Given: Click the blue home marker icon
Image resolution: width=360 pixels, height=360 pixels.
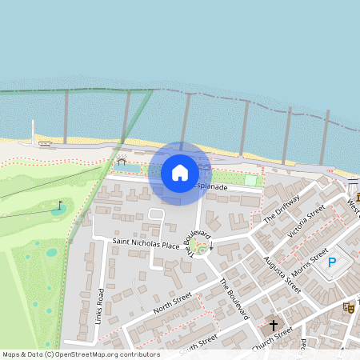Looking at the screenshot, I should click(180, 173).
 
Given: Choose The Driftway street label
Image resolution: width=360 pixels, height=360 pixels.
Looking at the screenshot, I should click(281, 210).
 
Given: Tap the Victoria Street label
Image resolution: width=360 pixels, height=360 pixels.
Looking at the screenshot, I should click(306, 223).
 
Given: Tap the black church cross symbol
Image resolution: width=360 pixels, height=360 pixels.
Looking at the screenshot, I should click(273, 326).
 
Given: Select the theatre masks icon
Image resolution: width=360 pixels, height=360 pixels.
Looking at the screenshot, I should click(348, 307).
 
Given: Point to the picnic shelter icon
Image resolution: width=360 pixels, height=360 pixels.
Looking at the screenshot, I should click(122, 161).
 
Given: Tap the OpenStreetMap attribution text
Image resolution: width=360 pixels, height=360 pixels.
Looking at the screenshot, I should click(81, 354).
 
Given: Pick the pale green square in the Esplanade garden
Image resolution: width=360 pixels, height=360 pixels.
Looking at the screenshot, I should click(251, 181).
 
